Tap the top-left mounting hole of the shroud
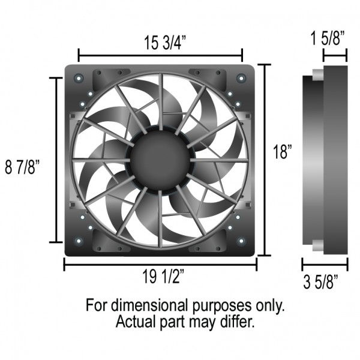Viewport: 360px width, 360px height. (x=78, y=78)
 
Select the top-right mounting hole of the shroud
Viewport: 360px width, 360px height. (x=241, y=78)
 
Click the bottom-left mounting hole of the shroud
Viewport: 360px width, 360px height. (x=78, y=241)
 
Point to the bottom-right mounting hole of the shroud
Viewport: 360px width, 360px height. (x=241, y=241)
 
